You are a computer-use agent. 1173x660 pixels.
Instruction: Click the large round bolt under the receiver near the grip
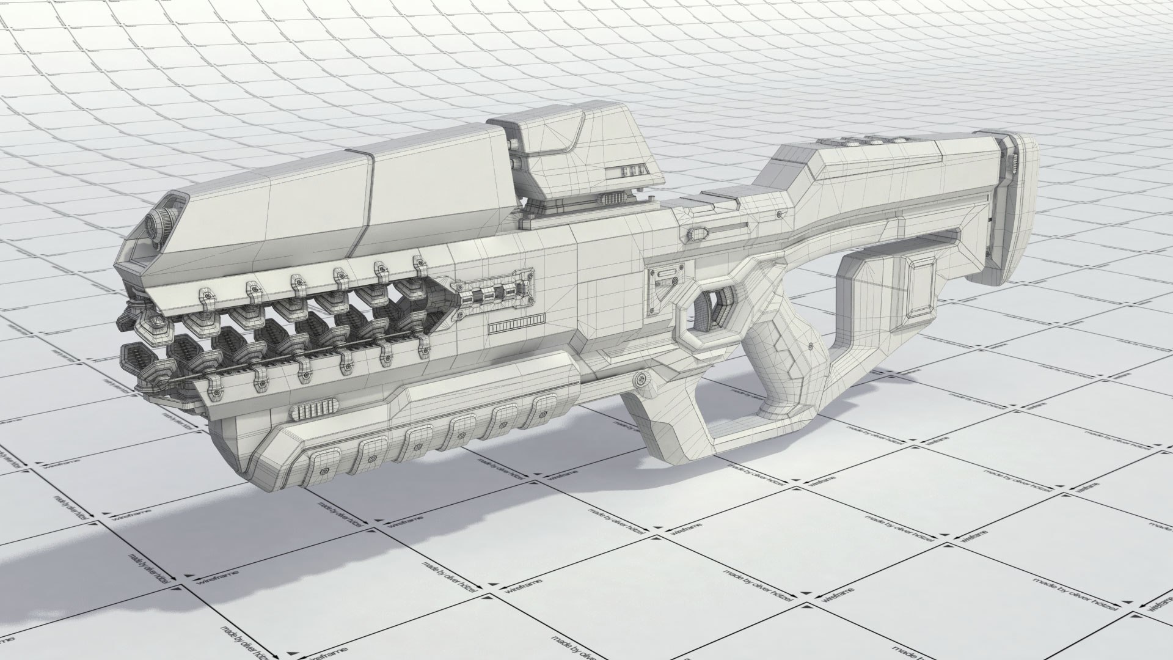click(x=640, y=380)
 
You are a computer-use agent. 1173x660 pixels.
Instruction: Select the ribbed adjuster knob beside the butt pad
click(x=1012, y=161)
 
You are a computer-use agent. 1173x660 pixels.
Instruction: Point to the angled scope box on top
click(x=580, y=156)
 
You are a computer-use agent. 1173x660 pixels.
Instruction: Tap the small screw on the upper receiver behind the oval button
click(x=780, y=215)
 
